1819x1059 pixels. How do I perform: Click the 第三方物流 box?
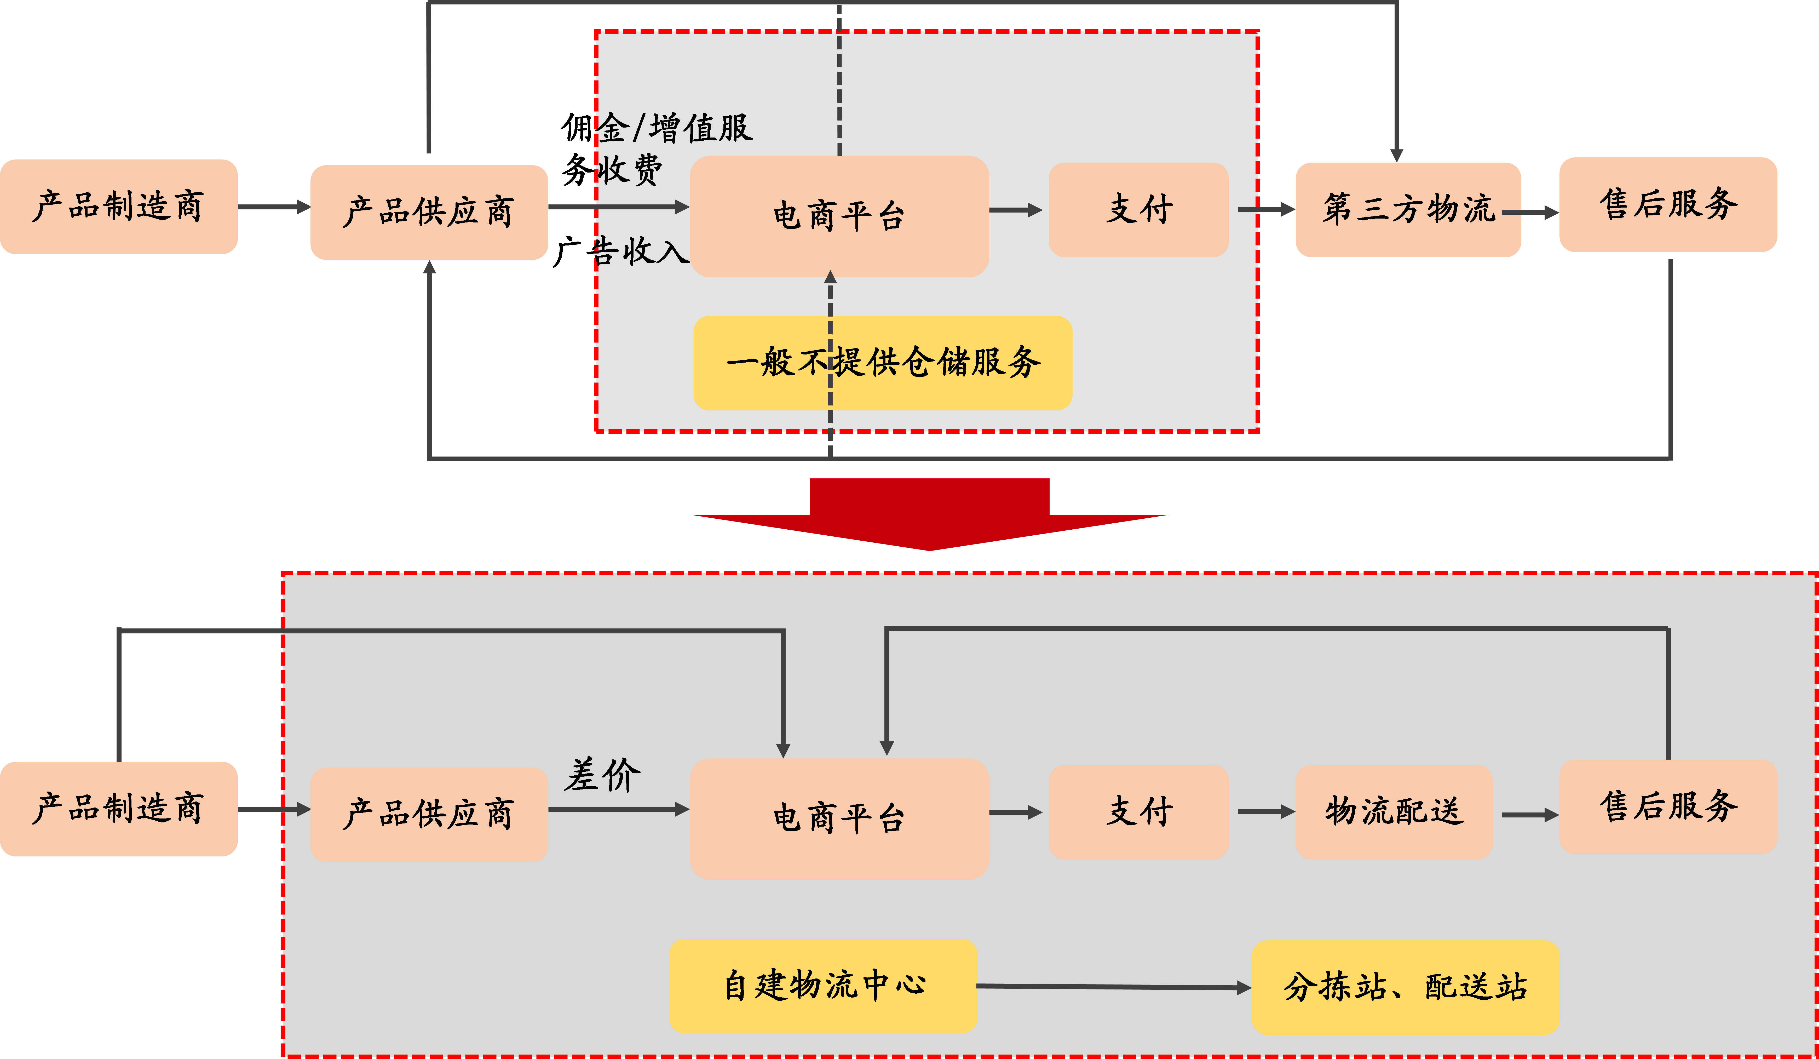pyautogui.click(x=1408, y=209)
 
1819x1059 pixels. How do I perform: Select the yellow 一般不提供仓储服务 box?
pyautogui.click(x=882, y=362)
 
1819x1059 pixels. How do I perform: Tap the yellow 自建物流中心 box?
pyautogui.click(x=823, y=985)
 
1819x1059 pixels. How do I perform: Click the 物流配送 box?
pyautogui.click(x=1393, y=811)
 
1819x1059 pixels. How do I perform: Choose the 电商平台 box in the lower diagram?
pyautogui.click(x=839, y=818)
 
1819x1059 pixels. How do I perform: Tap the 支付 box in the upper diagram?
pyautogui.click(x=1138, y=209)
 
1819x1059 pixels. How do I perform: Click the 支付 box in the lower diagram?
pyautogui.click(x=1138, y=811)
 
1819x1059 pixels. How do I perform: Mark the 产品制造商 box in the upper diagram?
pyautogui.click(x=118, y=207)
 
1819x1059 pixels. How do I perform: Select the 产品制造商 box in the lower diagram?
pyautogui.click(x=118, y=809)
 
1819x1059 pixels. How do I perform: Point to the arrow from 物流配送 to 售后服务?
pyautogui.click(x=1529, y=815)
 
